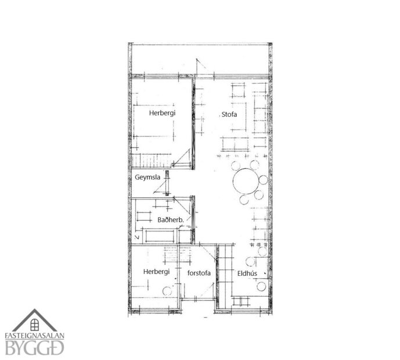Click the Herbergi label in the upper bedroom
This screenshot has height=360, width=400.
(x=162, y=113)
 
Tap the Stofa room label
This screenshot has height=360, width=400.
(x=229, y=114)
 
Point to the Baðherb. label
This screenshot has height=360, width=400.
(x=171, y=220)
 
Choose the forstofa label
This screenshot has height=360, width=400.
(x=197, y=272)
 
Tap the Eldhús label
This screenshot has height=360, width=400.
(x=247, y=273)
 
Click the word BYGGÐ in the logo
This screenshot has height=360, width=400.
(x=35, y=348)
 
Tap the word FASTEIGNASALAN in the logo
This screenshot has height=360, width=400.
(x=35, y=336)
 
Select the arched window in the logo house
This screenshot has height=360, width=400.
(x=35, y=324)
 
